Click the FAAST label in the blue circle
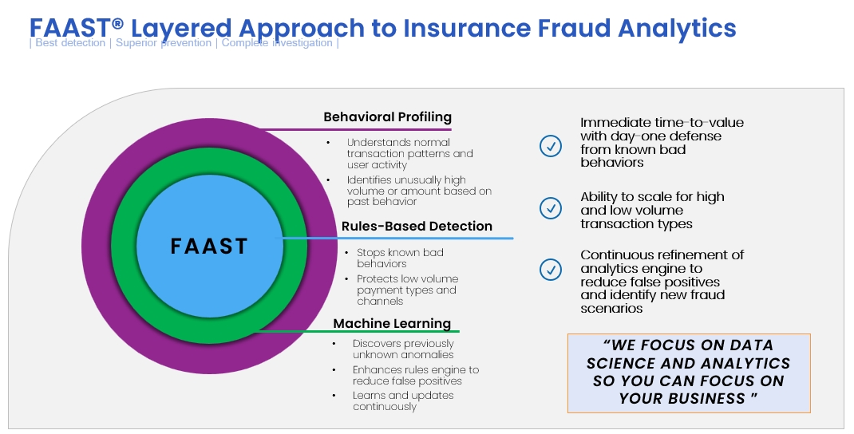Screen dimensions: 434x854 (209, 246)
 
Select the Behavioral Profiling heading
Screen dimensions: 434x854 (387, 117)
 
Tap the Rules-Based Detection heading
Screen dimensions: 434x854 (417, 226)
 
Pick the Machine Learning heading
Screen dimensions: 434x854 (392, 323)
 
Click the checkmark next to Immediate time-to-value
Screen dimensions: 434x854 (551, 146)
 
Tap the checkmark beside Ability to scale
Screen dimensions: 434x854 (551, 208)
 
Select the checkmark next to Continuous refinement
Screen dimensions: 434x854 (551, 270)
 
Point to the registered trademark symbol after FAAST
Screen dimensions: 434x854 (117, 24)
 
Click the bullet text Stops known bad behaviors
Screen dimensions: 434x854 (400, 258)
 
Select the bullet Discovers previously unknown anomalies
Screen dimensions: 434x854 (403, 349)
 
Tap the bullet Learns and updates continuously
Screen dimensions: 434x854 (403, 400)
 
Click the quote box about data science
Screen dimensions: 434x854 (688, 373)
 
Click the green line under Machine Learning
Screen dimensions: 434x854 (359, 331)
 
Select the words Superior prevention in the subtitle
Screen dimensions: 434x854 (164, 43)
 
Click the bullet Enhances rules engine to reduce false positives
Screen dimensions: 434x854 (415, 375)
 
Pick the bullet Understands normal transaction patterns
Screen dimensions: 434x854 (409, 153)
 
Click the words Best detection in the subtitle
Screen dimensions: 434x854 (70, 43)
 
